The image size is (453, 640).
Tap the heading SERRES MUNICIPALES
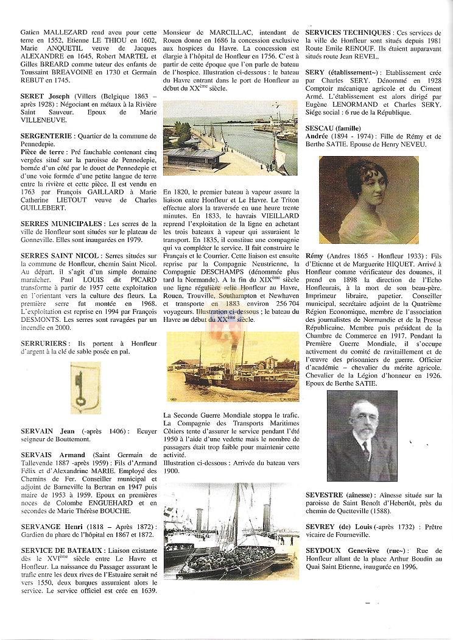coord(61,224)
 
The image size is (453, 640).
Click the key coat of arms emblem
coord(85,388)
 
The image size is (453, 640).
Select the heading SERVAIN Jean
coord(47,432)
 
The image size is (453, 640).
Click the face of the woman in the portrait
coord(364,190)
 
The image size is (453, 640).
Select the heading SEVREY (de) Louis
coord(337,525)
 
